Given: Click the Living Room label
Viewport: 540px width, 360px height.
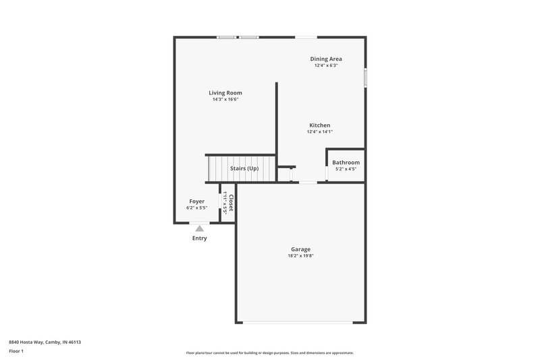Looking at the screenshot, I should tap(225, 93).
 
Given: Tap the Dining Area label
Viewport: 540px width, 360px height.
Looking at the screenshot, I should tap(325, 59).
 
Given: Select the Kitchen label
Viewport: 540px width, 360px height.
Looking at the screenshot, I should tap(319, 125).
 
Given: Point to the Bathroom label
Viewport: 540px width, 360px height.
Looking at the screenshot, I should tap(346, 162).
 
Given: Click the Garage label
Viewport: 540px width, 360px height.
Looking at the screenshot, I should tap(300, 249).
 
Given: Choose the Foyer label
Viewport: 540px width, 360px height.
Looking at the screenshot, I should tap(196, 201).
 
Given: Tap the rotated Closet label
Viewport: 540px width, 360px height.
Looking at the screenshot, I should tap(231, 203).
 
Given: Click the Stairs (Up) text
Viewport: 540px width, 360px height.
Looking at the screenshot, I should tap(244, 168).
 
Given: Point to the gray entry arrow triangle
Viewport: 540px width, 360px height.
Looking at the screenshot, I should tap(199, 229).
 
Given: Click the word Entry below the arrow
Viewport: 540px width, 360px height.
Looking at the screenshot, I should tap(199, 238).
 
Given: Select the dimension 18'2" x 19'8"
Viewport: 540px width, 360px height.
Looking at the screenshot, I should tap(300, 256).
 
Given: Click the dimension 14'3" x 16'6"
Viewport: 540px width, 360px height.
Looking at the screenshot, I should tap(225, 99).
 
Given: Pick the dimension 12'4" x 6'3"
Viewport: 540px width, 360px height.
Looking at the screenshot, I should tap(325, 66).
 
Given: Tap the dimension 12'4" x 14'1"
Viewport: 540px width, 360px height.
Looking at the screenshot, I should tap(319, 132).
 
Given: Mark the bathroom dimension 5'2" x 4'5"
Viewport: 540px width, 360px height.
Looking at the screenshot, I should tap(346, 169).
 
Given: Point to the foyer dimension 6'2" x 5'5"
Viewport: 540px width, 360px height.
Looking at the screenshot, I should tap(196, 208).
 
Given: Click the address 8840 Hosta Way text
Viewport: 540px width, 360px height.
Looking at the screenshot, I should tap(46, 342).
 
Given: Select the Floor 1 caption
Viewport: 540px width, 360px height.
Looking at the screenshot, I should tap(17, 352).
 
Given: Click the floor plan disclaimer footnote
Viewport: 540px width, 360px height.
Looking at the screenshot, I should tap(270, 353).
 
